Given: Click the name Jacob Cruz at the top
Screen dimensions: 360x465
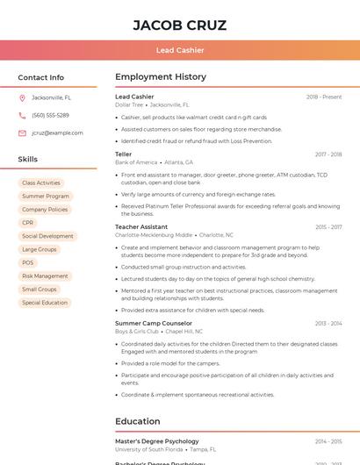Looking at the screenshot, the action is tap(179, 25).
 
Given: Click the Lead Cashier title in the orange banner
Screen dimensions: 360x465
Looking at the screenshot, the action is tap(179, 51).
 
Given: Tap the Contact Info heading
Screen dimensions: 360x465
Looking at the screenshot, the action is tap(40, 77).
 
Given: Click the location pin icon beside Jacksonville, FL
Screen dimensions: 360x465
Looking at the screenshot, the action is tap(22, 97).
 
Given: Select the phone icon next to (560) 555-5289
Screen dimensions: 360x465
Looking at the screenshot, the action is tap(22, 115).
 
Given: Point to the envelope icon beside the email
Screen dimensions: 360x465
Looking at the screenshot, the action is tap(22, 133).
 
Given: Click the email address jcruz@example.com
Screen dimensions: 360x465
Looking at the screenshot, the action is tap(57, 133).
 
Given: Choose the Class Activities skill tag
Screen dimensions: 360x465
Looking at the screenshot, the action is tap(41, 182).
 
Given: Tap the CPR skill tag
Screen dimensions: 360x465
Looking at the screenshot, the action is tap(28, 223).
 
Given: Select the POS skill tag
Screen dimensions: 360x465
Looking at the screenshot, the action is tap(28, 262).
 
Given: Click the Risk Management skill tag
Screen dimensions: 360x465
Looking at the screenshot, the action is tap(45, 275).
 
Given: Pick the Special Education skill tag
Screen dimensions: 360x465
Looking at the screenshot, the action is tap(45, 303).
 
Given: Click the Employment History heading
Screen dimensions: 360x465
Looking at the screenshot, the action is tap(160, 77).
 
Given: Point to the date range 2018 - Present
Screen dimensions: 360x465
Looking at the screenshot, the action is tap(324, 97).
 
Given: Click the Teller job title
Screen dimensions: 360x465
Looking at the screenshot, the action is tap(123, 154).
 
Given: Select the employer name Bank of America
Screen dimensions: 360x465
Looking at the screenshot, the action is tap(136, 162).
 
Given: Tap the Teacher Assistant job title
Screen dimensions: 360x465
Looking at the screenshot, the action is tap(141, 227).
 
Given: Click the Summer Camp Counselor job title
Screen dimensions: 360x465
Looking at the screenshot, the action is tap(153, 323).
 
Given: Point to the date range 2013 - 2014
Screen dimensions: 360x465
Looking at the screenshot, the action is tap(328, 324).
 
